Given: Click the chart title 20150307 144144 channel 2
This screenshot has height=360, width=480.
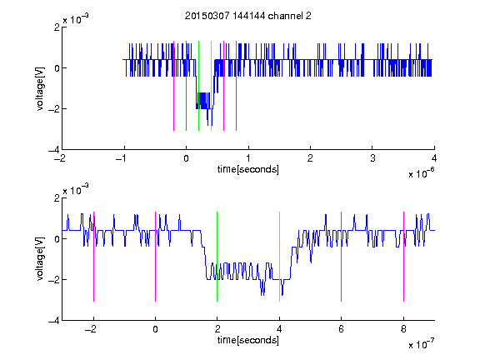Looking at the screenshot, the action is pyautogui.click(x=248, y=16).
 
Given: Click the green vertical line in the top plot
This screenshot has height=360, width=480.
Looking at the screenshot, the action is pyautogui.click(x=198, y=86).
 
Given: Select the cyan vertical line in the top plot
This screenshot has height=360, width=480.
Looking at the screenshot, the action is pyautogui.click(x=211, y=86).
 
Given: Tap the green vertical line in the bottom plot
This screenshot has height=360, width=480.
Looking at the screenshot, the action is pyautogui.click(x=217, y=257).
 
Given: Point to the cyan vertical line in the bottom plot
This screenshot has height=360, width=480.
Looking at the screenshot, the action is pyautogui.click(x=279, y=257).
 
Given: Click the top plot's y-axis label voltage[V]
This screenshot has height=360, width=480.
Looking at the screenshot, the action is pyautogui.click(x=40, y=88).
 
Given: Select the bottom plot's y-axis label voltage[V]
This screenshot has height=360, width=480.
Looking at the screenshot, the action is pyautogui.click(x=40, y=259).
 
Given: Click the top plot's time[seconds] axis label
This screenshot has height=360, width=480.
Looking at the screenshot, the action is pyautogui.click(x=248, y=169).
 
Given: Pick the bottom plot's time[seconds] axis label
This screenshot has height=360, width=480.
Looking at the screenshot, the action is pyautogui.click(x=248, y=340).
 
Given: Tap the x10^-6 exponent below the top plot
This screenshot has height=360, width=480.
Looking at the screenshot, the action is pyautogui.click(x=421, y=172).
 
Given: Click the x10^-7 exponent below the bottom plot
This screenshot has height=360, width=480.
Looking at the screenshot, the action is pyautogui.click(x=421, y=344).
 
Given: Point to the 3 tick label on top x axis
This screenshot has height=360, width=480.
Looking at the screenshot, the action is pyautogui.click(x=372, y=158).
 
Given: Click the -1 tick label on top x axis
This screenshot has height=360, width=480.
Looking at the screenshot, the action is pyautogui.click(x=122, y=158).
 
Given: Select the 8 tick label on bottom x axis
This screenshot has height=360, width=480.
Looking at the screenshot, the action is pyautogui.click(x=403, y=329).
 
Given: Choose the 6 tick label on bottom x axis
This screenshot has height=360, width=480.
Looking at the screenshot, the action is pyautogui.click(x=342, y=329).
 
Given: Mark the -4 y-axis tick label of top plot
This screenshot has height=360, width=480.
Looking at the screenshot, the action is pyautogui.click(x=53, y=150).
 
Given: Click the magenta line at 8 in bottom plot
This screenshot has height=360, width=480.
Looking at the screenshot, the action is pyautogui.click(x=403, y=257).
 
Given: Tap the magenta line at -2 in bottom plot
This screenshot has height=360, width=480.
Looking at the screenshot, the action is pyautogui.click(x=93, y=257).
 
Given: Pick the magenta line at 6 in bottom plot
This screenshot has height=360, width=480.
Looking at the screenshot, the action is pyautogui.click(x=342, y=257).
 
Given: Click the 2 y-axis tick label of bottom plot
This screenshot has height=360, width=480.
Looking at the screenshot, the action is pyautogui.click(x=57, y=198).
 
